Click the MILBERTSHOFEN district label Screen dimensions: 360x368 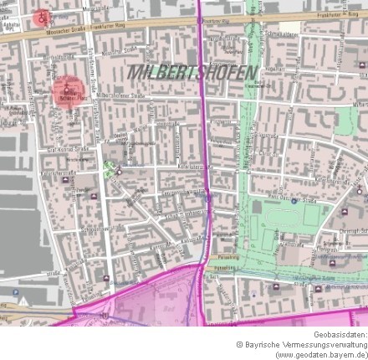pos(192,73)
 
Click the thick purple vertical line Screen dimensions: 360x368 pos(202,126)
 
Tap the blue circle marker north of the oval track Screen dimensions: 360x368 pos(294,202)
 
